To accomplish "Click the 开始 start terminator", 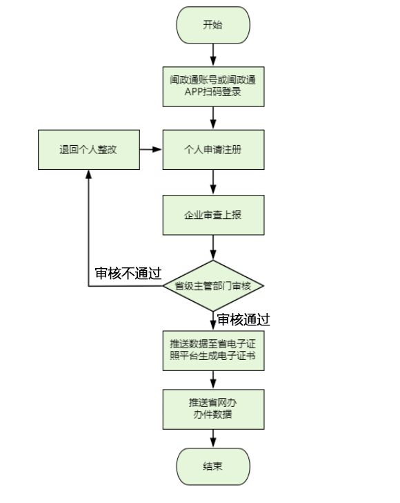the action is tap(213, 25).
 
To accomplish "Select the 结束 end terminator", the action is tap(213, 466).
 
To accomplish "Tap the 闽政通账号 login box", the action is tap(213, 86).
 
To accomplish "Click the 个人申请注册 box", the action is tap(213, 150).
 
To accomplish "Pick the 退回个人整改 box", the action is tap(89, 150).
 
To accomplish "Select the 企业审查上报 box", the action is tap(213, 215).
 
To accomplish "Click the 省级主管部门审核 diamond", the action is tap(213, 286).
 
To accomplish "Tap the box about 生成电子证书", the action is tap(213, 350).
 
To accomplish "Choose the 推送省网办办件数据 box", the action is tap(213, 409).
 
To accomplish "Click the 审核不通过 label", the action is tap(128, 274).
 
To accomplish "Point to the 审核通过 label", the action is tap(243, 319).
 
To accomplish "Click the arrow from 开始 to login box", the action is tap(213, 55).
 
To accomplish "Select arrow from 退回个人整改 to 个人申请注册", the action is tap(151, 149).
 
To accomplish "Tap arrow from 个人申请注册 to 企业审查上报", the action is tap(213, 182).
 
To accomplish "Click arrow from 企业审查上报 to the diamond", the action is tap(213, 247).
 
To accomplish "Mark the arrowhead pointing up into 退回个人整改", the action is tap(89, 174).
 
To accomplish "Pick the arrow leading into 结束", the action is tap(213, 439).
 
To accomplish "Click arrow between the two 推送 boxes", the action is tap(213, 380).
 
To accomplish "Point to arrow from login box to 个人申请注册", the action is tap(213, 118).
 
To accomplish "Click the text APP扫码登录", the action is tap(212, 92).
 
